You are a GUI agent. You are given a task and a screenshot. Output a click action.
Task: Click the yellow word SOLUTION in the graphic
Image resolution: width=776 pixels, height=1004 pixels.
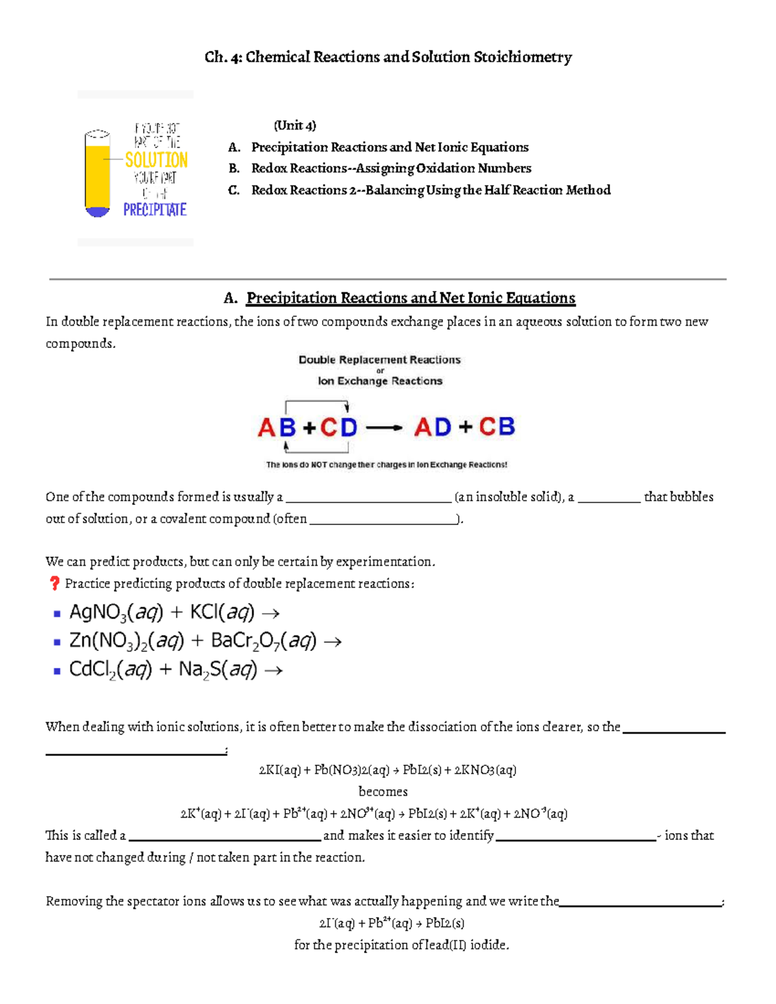click(x=156, y=160)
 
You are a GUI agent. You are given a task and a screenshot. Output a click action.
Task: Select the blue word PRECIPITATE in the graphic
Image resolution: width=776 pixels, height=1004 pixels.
click(x=155, y=209)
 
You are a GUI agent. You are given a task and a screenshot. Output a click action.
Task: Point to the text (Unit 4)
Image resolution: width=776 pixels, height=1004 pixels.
click(x=295, y=125)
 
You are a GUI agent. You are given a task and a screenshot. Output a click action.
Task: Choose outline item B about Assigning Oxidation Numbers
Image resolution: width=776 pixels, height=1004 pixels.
click(x=391, y=169)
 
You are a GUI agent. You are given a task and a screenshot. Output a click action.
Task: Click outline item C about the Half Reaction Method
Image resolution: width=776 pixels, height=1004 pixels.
click(x=430, y=190)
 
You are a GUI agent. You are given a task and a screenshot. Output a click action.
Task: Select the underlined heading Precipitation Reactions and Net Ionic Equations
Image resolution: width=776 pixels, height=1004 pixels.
click(x=411, y=298)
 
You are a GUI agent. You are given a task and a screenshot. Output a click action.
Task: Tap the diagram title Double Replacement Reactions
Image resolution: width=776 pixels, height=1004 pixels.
click(x=380, y=360)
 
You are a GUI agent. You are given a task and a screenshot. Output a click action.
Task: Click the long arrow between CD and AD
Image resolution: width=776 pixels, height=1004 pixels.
click(x=384, y=427)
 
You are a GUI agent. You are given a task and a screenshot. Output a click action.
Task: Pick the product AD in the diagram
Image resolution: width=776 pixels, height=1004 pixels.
click(x=433, y=427)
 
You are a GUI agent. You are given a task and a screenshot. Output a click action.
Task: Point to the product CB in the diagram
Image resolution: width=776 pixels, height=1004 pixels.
click(x=497, y=427)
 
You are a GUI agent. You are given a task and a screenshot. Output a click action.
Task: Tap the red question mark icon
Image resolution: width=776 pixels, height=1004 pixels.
click(x=54, y=583)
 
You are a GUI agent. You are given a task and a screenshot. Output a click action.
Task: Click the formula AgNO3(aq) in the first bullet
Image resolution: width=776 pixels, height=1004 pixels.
click(x=116, y=612)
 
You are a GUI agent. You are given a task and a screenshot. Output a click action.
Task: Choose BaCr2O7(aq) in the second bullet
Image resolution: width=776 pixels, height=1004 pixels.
click(x=264, y=641)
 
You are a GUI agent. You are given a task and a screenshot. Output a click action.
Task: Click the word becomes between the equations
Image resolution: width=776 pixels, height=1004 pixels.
click(x=383, y=792)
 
